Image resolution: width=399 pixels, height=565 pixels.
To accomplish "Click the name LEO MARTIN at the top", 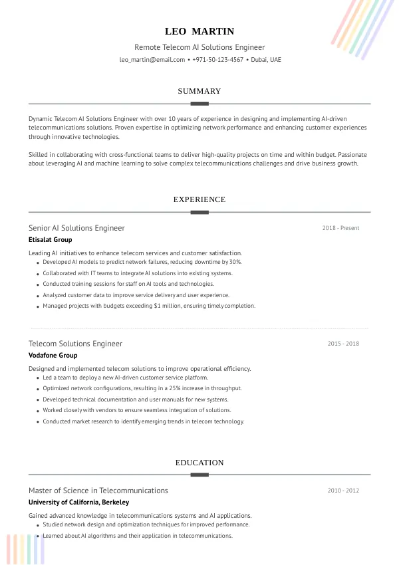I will coord(199,31).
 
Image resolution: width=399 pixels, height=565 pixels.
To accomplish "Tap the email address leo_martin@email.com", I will coord(152,60).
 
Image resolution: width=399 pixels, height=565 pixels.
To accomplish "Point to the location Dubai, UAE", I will coord(266,60).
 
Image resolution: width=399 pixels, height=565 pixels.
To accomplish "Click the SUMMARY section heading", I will coord(199,91).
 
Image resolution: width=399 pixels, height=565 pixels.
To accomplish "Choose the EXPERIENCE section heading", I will coord(199,199).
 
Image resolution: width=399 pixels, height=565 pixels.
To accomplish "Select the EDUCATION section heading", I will coord(199,463).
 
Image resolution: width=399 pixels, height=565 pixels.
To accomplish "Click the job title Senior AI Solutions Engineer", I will coord(76,228).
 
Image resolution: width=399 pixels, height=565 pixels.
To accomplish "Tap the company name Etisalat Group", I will coord(51,240).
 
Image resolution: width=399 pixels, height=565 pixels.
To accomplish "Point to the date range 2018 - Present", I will coord(340,228).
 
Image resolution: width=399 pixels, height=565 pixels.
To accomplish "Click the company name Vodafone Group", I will coord(53,356).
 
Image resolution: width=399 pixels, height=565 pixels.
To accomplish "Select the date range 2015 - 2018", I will coord(343,344).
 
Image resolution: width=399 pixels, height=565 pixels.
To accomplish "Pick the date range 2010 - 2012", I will coord(343,491).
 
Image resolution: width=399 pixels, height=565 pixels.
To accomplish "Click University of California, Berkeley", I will coord(78,503).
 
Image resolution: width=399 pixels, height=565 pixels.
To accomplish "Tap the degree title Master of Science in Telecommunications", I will coord(98,491).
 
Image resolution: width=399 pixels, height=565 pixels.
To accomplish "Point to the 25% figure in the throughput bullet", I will coord(175,388).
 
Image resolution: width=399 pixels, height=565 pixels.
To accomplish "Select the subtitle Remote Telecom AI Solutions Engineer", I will coord(199,47).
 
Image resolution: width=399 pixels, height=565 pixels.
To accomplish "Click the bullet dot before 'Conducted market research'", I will coord(37,422).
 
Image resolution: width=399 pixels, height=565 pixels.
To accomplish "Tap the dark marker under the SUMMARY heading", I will coord(199,104).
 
